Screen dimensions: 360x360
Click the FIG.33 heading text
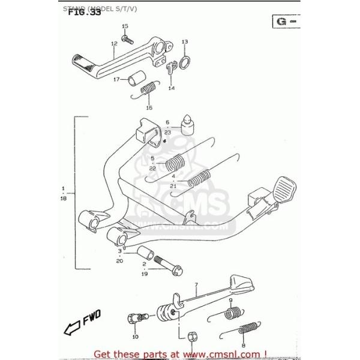click(x=84, y=11)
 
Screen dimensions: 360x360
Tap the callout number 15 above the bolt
click(x=125, y=26)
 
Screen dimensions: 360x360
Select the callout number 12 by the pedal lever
click(x=113, y=43)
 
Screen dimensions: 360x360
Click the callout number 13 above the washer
click(x=185, y=41)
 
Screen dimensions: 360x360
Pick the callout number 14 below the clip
click(x=171, y=88)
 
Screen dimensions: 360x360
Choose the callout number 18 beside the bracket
click(x=62, y=198)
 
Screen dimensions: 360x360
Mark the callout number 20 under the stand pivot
click(x=119, y=260)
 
